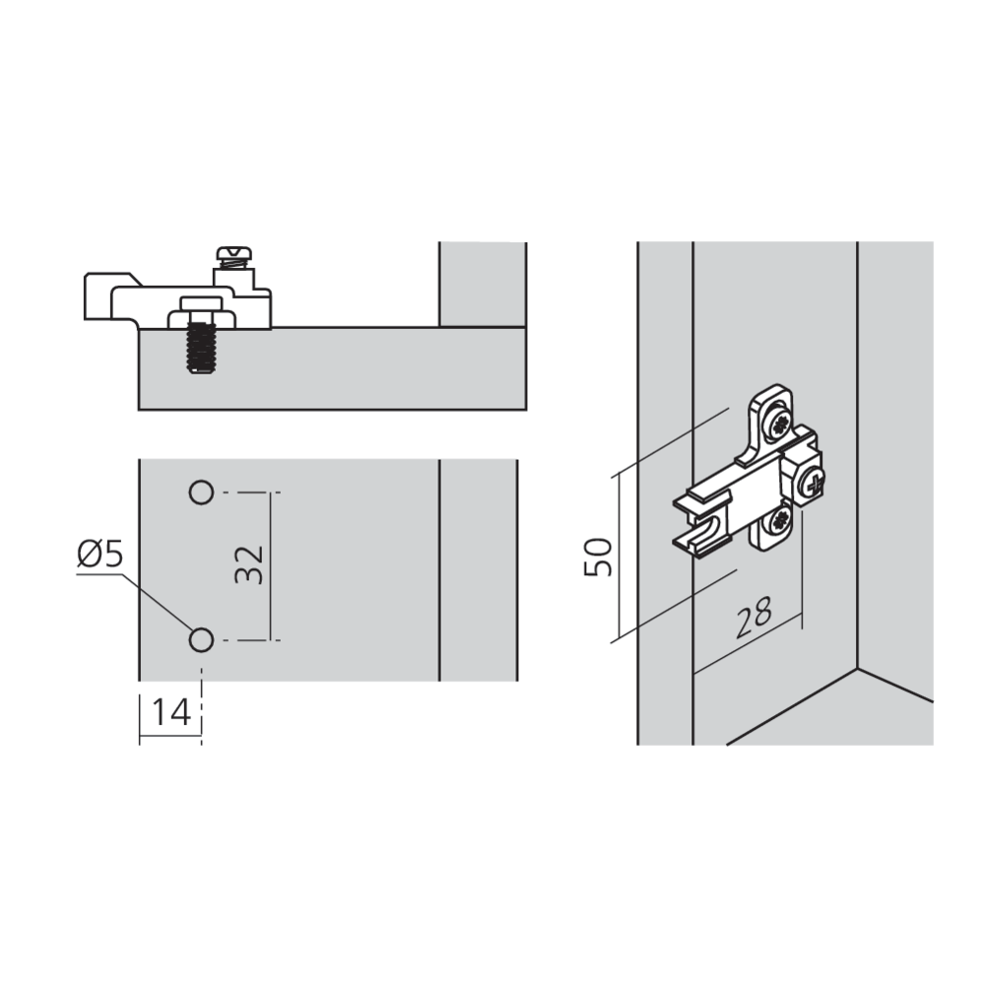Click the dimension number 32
(x=252, y=564)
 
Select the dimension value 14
(x=171, y=710)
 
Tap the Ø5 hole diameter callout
(x=99, y=555)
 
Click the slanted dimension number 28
(x=754, y=618)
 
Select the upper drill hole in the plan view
(x=201, y=492)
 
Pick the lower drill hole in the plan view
(x=201, y=640)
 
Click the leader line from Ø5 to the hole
(x=158, y=601)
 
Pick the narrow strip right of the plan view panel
(x=477, y=569)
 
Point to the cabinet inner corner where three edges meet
(x=857, y=669)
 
